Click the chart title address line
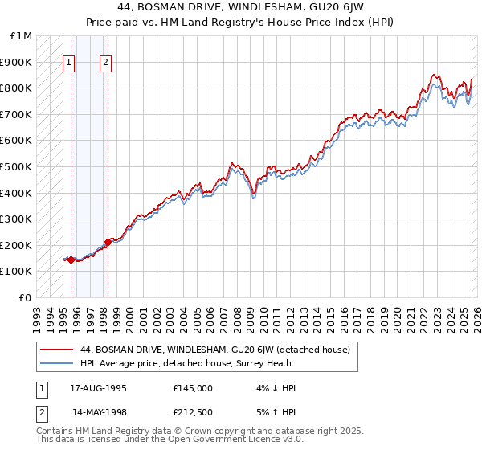pyautogui.click(x=241, y=8)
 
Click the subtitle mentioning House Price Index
pyautogui.click(x=241, y=22)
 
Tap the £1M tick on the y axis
pyautogui.click(x=22, y=36)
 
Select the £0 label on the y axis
pyautogui.click(x=25, y=297)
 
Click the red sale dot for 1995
pyautogui.click(x=71, y=260)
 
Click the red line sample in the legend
pyautogui.click(x=57, y=350)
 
